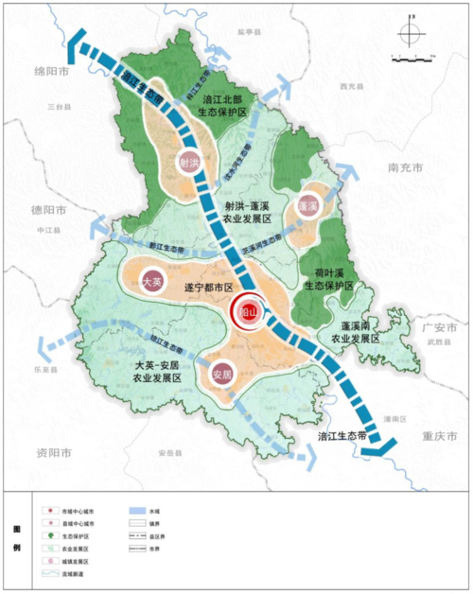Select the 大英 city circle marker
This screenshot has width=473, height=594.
[152, 282]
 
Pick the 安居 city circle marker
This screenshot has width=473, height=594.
[222, 374]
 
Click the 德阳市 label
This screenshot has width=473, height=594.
[45, 210]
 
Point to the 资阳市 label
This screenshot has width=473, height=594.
[46, 452]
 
